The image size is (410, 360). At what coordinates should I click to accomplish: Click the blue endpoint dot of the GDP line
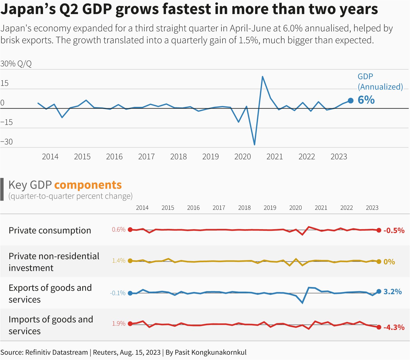[350, 101]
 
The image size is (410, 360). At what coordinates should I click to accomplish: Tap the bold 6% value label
[366, 100]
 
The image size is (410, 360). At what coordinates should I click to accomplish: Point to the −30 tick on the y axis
[7, 142]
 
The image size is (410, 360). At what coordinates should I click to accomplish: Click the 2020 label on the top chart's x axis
[242, 157]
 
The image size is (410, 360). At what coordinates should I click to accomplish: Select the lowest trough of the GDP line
[254, 145]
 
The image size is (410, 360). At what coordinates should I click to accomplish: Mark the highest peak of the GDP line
[262, 77]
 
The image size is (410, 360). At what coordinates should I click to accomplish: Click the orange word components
[88, 185]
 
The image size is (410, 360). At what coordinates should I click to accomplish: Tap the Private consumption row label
[50, 230]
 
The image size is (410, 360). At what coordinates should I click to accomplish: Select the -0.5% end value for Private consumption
[394, 230]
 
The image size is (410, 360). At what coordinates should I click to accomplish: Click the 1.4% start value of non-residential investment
[119, 261]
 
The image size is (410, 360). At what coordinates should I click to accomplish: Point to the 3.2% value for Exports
[392, 292]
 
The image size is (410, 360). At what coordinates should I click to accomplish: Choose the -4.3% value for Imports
[394, 327]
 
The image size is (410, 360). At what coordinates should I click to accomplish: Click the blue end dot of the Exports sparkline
[379, 291]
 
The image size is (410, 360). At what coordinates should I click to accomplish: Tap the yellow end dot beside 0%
[379, 262]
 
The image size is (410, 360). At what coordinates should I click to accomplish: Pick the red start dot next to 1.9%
[130, 324]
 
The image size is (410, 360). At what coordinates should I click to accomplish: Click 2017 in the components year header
[219, 208]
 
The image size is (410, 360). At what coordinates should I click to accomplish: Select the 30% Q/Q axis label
[16, 64]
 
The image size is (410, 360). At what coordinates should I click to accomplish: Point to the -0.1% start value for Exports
[118, 293]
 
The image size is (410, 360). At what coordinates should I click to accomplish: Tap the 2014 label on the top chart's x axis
[50, 157]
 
